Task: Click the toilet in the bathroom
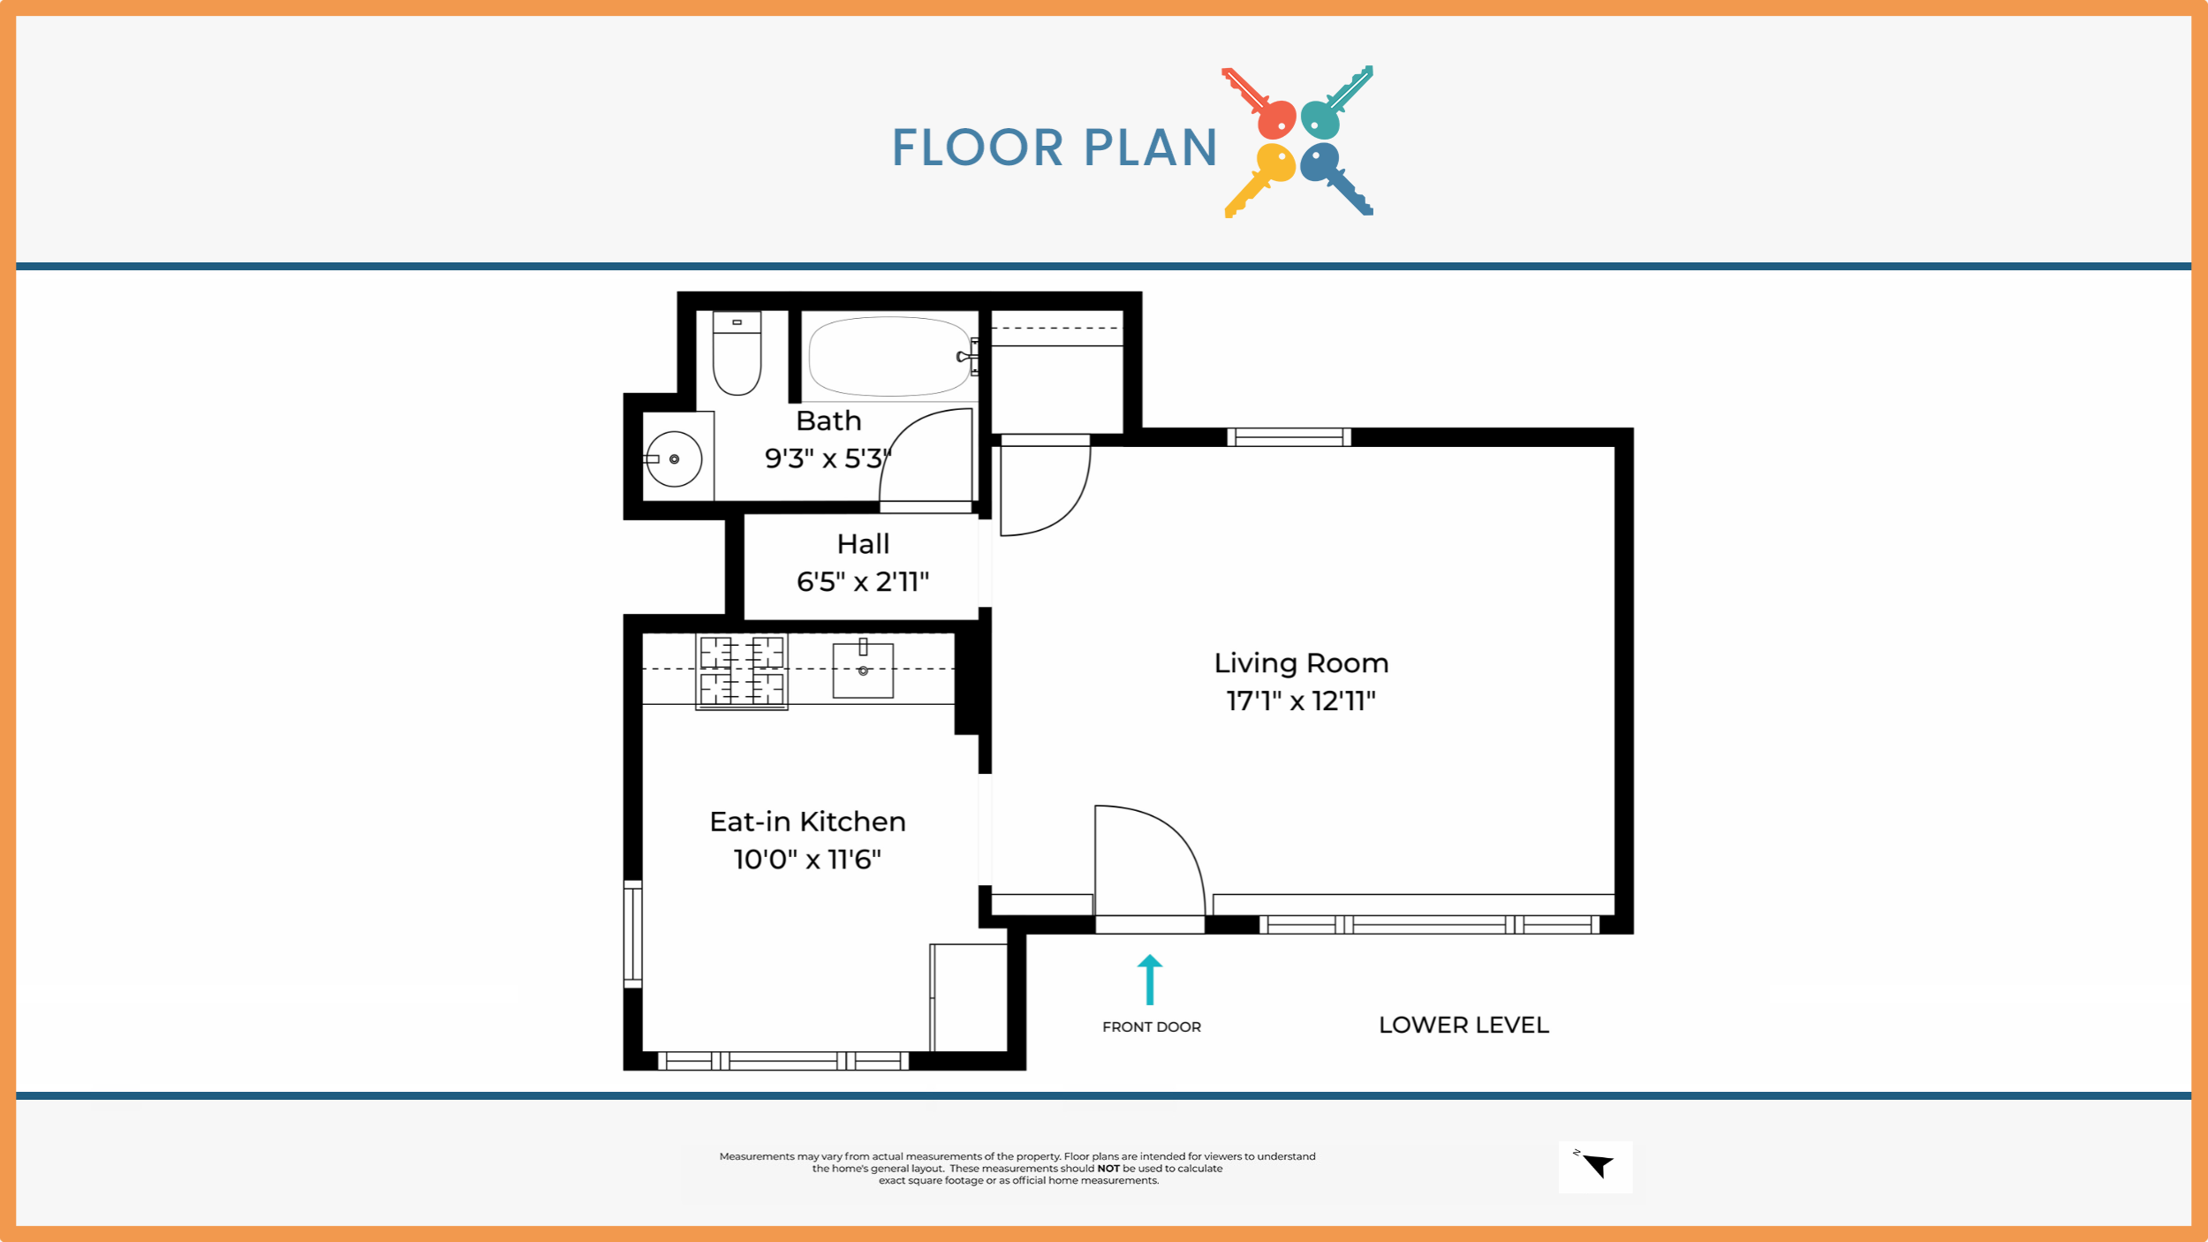tap(737, 353)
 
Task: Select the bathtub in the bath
tap(890, 356)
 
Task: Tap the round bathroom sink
tap(674, 459)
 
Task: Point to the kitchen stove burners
tap(742, 672)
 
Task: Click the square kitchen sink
tap(863, 670)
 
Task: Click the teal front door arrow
tap(1150, 980)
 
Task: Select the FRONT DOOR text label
tap(1152, 1027)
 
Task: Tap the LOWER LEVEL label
tap(1463, 1026)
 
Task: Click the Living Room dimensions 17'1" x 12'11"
tap(1301, 701)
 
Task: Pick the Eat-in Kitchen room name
tap(807, 822)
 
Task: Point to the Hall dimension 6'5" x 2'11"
tap(863, 582)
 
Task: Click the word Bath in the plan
tap(828, 420)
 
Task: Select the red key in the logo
tap(1259, 103)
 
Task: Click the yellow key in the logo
tap(1259, 180)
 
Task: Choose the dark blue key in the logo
tap(1336, 179)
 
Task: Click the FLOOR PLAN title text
tap(1055, 148)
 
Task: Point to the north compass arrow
tap(1599, 1165)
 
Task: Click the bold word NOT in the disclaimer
tap(1108, 1169)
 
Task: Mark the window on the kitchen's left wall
tap(632, 934)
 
